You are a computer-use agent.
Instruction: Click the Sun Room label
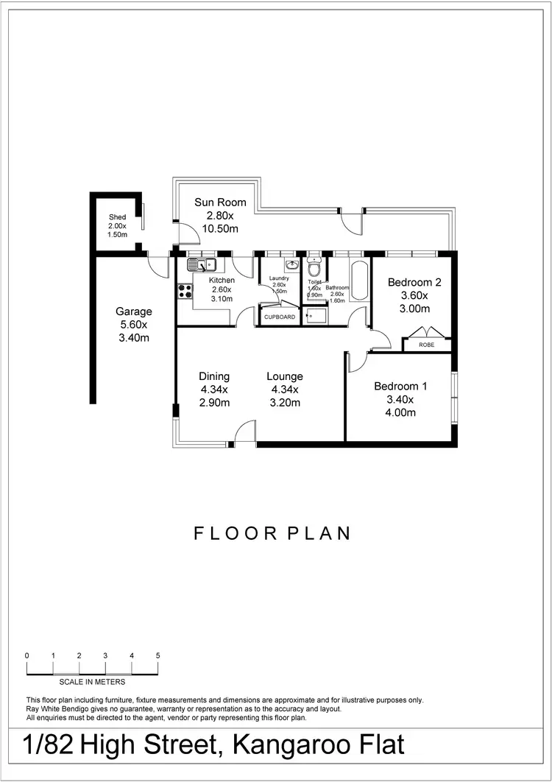click(220, 202)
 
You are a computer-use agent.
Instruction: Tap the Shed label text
click(118, 217)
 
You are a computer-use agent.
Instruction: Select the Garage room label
click(133, 311)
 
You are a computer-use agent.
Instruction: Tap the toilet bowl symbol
click(314, 270)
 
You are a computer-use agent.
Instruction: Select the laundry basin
click(291, 264)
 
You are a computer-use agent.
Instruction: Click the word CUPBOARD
click(280, 317)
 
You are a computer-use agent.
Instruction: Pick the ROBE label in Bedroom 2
click(426, 345)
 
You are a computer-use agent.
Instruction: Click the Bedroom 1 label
click(400, 387)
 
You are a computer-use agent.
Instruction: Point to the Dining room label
click(214, 376)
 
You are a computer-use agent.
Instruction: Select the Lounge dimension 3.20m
click(285, 403)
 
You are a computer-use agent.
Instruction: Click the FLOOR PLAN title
click(272, 533)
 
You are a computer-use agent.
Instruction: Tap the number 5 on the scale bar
click(158, 655)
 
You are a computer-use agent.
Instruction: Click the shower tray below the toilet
click(315, 316)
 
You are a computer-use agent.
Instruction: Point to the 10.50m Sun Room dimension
click(220, 229)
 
